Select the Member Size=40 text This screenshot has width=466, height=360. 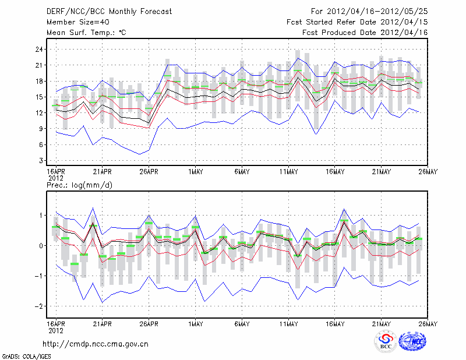76,22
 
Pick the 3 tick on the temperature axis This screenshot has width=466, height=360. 40,160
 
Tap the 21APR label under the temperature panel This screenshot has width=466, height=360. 102,172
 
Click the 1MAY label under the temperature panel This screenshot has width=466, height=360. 195,172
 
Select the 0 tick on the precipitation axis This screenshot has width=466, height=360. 40,246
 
